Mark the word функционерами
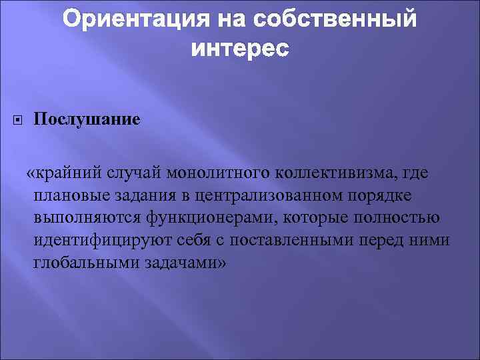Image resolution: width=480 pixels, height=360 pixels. click(191, 217)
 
